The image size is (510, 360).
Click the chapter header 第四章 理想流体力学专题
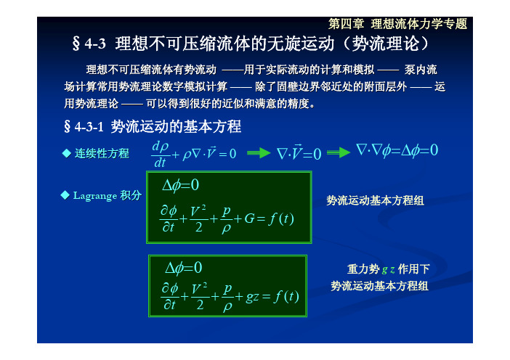click(397, 24)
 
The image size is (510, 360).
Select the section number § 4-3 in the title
click(89, 44)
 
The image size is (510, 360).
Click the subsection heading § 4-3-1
click(84, 126)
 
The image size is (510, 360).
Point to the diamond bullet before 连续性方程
click(67, 153)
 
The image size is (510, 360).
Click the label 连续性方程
click(102, 153)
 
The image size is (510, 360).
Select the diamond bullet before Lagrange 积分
click(65, 195)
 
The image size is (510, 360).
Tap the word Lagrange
click(95, 195)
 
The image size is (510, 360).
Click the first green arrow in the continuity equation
click(259, 152)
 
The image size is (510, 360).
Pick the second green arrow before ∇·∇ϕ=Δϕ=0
click(339, 152)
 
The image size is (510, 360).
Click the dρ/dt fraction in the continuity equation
click(160, 154)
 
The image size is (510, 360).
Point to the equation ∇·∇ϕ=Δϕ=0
click(397, 150)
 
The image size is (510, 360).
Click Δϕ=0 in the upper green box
click(180, 185)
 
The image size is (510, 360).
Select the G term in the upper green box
click(249, 218)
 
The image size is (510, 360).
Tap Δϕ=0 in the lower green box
click(184, 269)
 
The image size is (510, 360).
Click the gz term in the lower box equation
click(252, 297)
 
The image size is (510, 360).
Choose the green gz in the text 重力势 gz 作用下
click(389, 269)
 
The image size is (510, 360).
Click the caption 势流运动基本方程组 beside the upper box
click(375, 200)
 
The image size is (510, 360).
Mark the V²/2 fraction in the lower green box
click(199, 295)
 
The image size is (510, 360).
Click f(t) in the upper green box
click(281, 218)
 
